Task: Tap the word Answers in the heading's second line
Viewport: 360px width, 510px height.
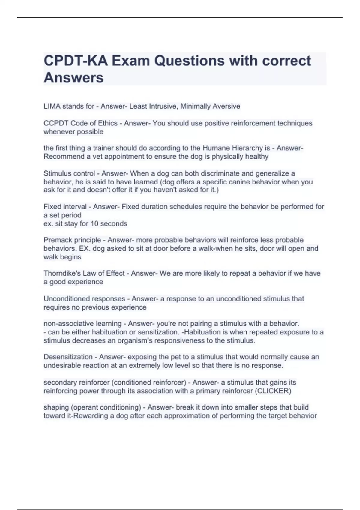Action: click(73, 78)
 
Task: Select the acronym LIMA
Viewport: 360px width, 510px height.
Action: click(52, 106)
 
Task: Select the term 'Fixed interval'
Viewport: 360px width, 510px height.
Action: click(65, 207)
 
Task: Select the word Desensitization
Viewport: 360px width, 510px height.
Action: click(68, 357)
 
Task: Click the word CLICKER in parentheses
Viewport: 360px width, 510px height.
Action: click(274, 391)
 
